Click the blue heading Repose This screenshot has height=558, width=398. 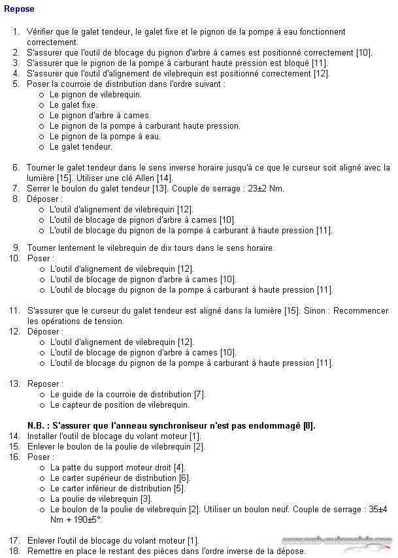point(19,9)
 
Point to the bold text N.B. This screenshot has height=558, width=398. point(38,426)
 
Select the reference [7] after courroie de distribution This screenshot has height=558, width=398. point(200,394)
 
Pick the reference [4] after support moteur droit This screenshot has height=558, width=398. point(179,468)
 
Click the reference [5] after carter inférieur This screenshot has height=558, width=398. point(179,489)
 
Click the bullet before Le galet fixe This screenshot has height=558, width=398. point(42,105)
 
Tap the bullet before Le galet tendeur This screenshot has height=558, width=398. point(42,147)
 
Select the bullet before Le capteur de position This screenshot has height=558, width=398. point(42,405)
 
